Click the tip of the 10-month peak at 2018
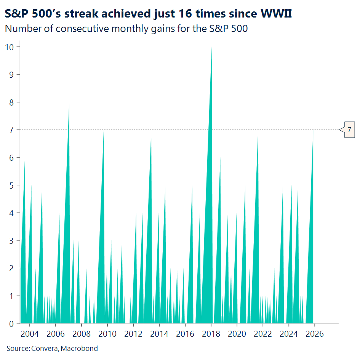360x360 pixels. point(211,48)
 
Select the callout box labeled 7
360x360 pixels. point(349,130)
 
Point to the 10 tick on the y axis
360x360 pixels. point(10,47)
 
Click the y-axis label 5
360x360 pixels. point(12,185)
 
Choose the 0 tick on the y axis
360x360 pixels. point(12,323)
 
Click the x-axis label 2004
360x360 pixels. point(30,334)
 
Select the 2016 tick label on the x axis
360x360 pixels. point(185,334)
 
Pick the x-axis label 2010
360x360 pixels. point(107,334)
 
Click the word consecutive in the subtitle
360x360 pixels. point(78,29)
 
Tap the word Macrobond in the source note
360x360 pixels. point(83,348)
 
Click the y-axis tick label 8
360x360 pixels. point(12,102)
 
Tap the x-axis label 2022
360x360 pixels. point(263,334)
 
